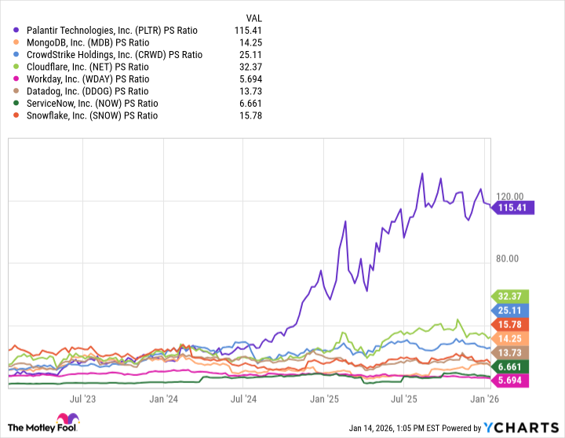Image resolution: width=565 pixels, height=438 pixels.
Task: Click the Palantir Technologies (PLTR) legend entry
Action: pyautogui.click(x=111, y=30)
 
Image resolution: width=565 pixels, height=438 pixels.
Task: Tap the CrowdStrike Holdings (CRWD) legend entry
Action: pyautogui.click(x=114, y=55)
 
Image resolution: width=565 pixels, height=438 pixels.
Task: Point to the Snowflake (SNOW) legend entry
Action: pyautogui.click(x=92, y=115)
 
